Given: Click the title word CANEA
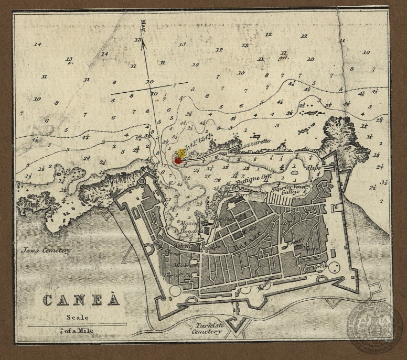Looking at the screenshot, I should [x=81, y=301].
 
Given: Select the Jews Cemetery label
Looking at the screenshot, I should [x=46, y=250].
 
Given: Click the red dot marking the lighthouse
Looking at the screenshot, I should [x=178, y=161].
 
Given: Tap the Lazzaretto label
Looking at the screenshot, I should [x=254, y=143].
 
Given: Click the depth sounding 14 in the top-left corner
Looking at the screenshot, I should [x=37, y=44].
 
